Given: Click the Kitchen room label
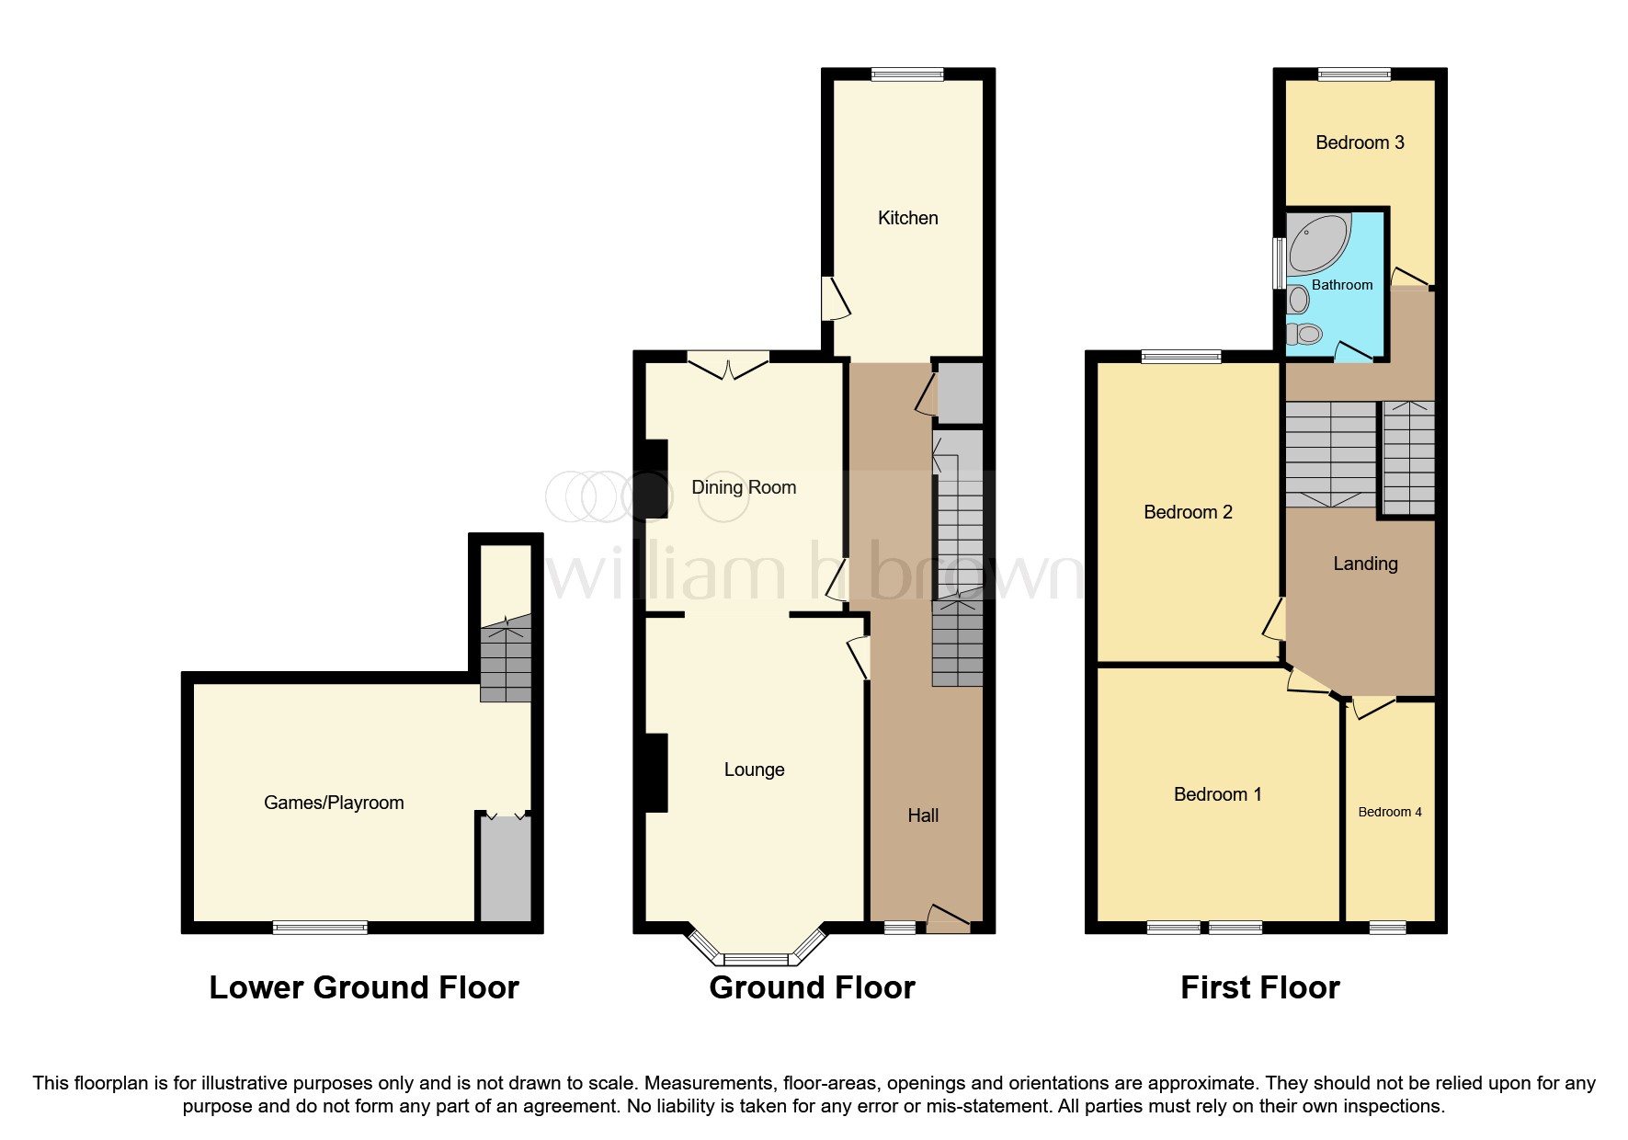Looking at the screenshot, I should [907, 218].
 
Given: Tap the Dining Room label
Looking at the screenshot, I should [744, 487].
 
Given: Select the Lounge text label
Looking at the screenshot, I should [754, 769].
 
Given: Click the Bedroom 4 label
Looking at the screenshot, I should [1389, 812].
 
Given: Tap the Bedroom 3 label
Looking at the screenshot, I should [1359, 142].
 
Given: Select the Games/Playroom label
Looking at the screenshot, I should [334, 803].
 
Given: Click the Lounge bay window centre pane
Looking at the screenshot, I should [755, 960].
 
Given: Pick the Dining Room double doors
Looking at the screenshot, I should [728, 366].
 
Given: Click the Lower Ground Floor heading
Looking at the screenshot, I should [364, 987].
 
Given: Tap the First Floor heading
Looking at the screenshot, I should [1259, 987].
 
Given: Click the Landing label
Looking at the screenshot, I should [1365, 564].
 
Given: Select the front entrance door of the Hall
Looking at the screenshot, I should [948, 920].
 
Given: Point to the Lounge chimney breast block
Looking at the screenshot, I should [655, 772].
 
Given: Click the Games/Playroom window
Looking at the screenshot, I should [320, 928].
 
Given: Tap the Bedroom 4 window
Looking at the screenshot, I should [1387, 928].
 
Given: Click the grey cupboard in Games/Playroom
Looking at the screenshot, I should [505, 869].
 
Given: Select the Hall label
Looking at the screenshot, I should [923, 815].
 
